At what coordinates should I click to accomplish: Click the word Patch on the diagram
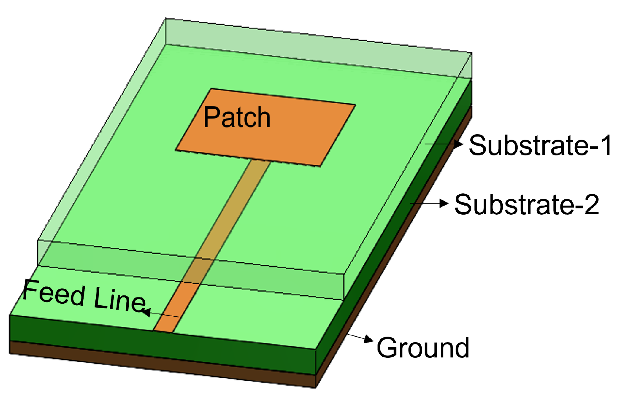coord(237,117)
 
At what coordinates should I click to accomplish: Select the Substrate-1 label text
coord(540,146)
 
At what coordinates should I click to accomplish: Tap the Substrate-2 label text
coord(526,204)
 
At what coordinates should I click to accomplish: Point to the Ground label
coord(423,348)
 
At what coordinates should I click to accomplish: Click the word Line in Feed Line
coord(119,300)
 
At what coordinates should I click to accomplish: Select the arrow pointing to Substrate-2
coord(429,203)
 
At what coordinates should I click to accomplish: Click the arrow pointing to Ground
coord(360,337)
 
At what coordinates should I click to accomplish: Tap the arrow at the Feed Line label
coord(161,314)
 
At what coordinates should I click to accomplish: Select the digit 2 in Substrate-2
coord(592,204)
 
